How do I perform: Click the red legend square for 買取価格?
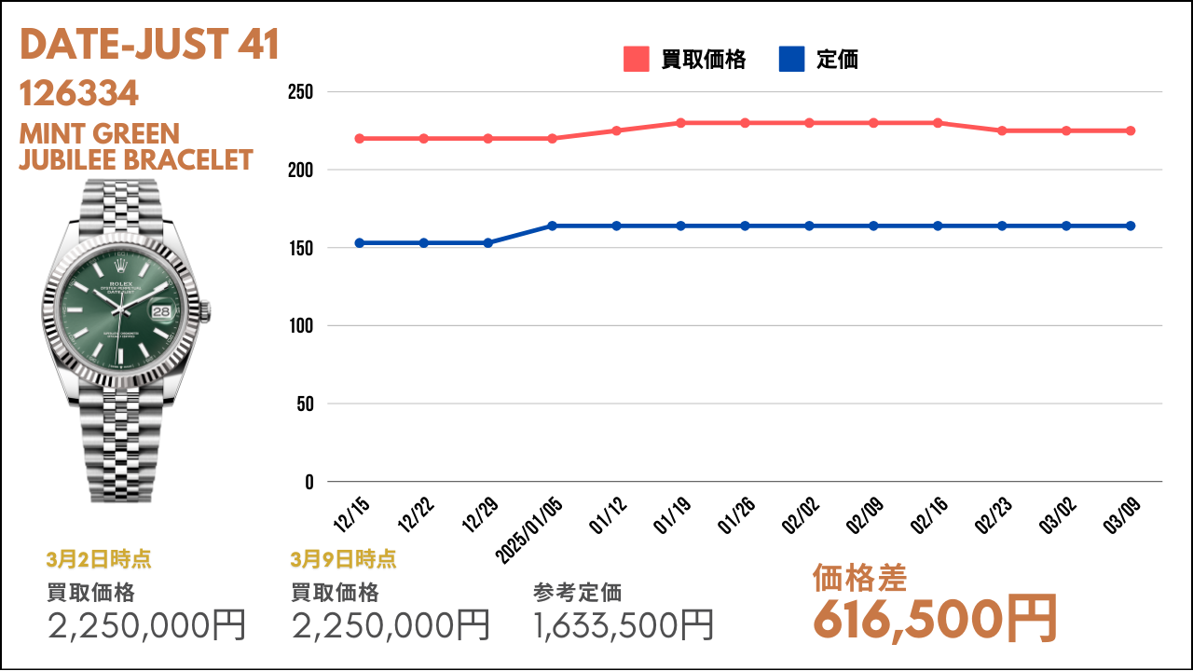coord(636,59)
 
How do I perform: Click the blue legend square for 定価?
coord(791,59)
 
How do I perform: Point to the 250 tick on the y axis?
coord(300,92)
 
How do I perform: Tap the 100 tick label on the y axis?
coord(301,326)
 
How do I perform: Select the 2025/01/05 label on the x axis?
coord(528,530)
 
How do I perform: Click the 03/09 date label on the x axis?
coord(1122,515)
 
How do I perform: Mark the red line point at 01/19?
coord(680,123)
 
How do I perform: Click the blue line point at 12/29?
coord(487,243)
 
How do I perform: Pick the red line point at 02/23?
coord(1002,130)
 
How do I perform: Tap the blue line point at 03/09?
coord(1131,226)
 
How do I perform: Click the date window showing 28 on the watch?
coord(161,311)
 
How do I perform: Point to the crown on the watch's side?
coord(206,312)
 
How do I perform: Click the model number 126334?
coord(79,93)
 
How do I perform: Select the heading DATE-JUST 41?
coord(150,44)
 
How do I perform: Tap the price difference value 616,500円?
coord(935,620)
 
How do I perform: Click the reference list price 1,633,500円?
coord(624,625)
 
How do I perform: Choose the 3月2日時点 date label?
coord(99,559)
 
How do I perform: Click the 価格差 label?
coord(859,578)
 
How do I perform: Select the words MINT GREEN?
coord(100,133)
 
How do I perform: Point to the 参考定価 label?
coord(577,593)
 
